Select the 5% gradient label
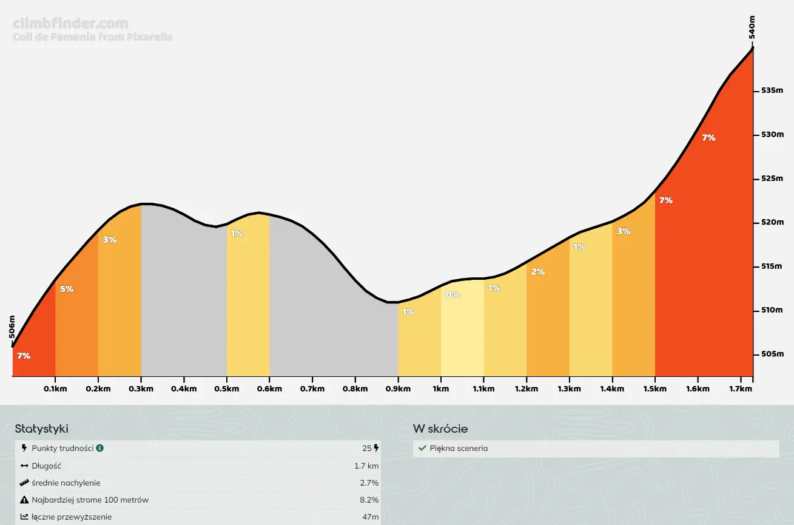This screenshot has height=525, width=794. click(x=67, y=289)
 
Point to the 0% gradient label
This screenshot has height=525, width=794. click(x=453, y=295)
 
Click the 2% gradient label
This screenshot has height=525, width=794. click(x=538, y=271)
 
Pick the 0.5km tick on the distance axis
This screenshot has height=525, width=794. click(x=226, y=389)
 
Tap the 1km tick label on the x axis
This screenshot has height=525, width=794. click(x=440, y=389)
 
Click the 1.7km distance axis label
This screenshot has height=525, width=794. click(x=740, y=389)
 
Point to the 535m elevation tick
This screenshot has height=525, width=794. click(x=772, y=90)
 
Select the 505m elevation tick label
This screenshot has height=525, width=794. click(x=772, y=354)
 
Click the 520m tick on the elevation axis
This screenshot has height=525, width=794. click(x=772, y=222)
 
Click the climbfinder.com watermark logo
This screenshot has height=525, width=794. click(x=70, y=24)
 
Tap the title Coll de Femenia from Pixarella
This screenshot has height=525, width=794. click(x=92, y=37)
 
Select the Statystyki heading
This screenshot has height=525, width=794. click(x=42, y=428)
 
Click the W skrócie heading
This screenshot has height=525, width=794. click(x=440, y=428)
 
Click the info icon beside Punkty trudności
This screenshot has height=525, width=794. click(x=100, y=448)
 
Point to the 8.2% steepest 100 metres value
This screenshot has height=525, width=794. click(x=369, y=500)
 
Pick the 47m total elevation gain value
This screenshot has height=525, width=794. click(x=370, y=517)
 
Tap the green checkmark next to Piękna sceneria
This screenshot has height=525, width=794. click(x=422, y=449)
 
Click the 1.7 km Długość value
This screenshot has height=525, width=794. click(x=366, y=466)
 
